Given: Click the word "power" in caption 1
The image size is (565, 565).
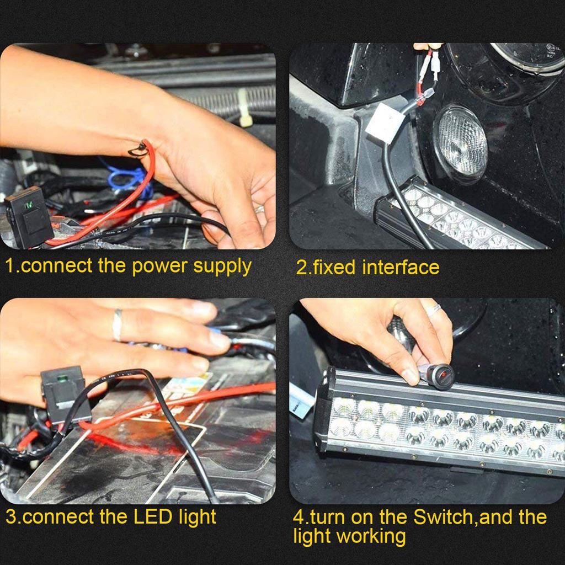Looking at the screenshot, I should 160,266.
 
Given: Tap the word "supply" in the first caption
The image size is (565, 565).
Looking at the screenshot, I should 222,267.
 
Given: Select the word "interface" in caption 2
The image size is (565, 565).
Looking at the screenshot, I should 401,268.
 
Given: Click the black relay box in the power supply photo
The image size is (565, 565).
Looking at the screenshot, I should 29,216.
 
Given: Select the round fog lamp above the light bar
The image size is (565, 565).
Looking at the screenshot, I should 462,140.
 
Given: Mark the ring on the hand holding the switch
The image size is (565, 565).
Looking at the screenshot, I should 434,309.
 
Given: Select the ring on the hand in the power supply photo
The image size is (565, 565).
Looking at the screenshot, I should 259,209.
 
